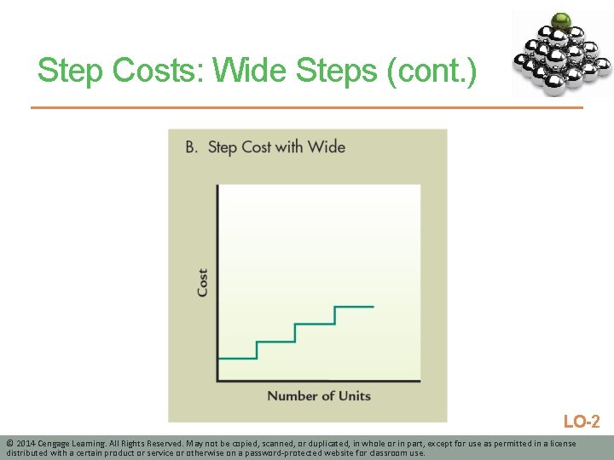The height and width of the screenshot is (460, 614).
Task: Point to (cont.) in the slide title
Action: click(432, 71)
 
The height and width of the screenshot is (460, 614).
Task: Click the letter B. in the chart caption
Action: click(192, 147)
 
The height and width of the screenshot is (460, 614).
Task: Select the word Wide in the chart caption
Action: click(327, 147)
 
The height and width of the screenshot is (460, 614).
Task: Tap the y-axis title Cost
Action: click(202, 283)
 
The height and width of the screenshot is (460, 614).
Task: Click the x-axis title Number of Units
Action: click(319, 395)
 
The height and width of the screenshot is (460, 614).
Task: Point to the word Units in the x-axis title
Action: click(353, 395)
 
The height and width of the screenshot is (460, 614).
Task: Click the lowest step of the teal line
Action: click(237, 358)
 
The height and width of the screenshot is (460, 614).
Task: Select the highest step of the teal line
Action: click(354, 306)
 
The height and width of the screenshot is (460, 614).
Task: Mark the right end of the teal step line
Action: click(373, 306)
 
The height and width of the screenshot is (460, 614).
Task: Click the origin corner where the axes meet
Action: click(218, 380)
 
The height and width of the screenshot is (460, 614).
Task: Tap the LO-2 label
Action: click(582, 421)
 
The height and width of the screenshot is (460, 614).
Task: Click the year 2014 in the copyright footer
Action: click(26, 444)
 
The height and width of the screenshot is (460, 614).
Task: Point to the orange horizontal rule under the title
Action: click(307, 107)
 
